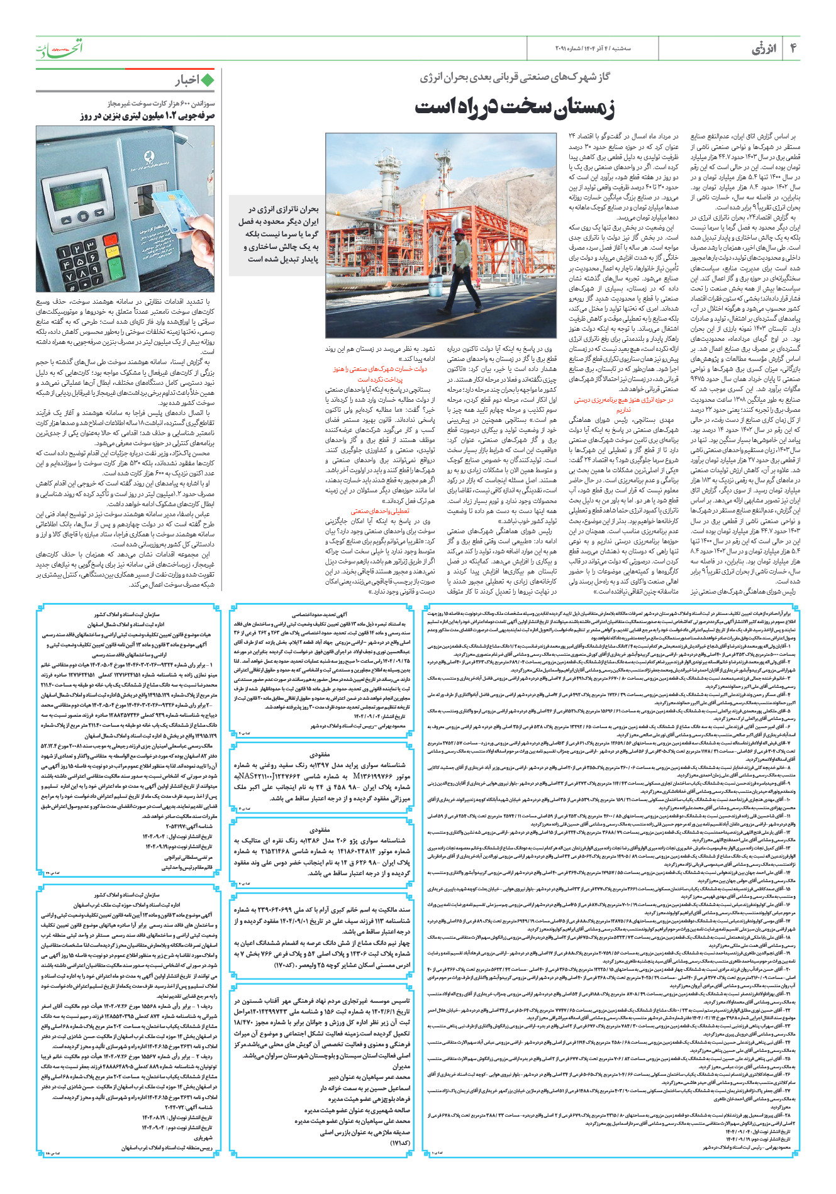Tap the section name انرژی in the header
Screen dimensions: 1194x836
(x=764, y=48)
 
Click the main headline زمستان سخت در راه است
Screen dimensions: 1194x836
(x=515, y=108)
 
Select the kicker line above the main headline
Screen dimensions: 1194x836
(x=515, y=77)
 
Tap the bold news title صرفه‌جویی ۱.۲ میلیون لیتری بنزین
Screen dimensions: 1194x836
(x=148, y=116)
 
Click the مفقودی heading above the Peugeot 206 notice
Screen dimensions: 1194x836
(x=320, y=829)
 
